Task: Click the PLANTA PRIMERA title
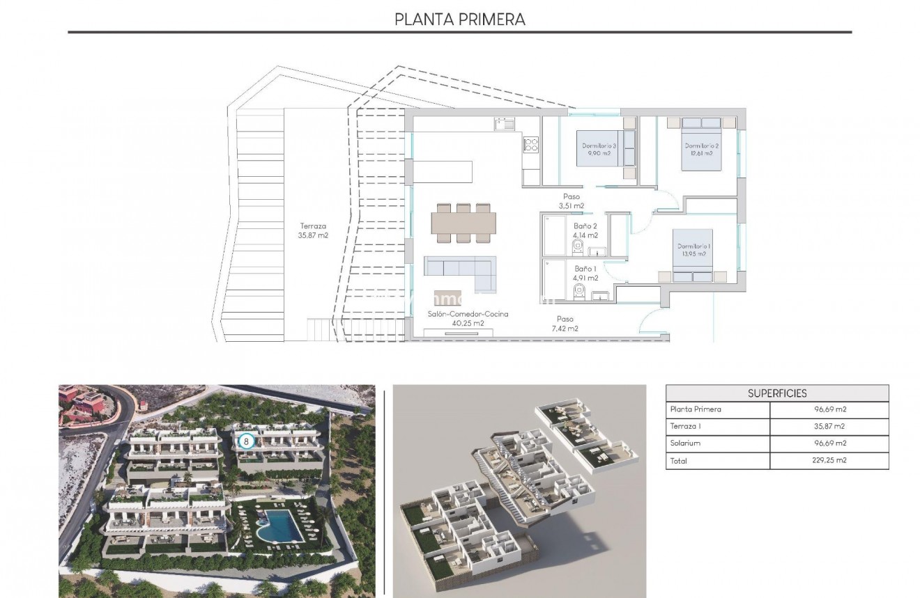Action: [x=460, y=19]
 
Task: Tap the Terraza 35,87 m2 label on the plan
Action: [x=313, y=230]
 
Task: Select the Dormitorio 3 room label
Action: [x=599, y=149]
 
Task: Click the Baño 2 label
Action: [x=585, y=230]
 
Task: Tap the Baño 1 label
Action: [x=585, y=273]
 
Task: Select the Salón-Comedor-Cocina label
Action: [x=468, y=318]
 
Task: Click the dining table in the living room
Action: [x=463, y=223]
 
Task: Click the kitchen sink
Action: [x=505, y=124]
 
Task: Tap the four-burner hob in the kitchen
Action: [x=531, y=145]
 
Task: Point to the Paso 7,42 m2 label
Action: [x=565, y=324]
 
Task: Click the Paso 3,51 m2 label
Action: [x=572, y=201]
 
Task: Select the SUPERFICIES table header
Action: [x=777, y=393]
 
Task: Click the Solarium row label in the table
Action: [x=685, y=443]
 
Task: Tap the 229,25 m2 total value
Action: [x=829, y=460]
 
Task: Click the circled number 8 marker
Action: [x=245, y=441]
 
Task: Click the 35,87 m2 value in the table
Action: [x=829, y=427]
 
